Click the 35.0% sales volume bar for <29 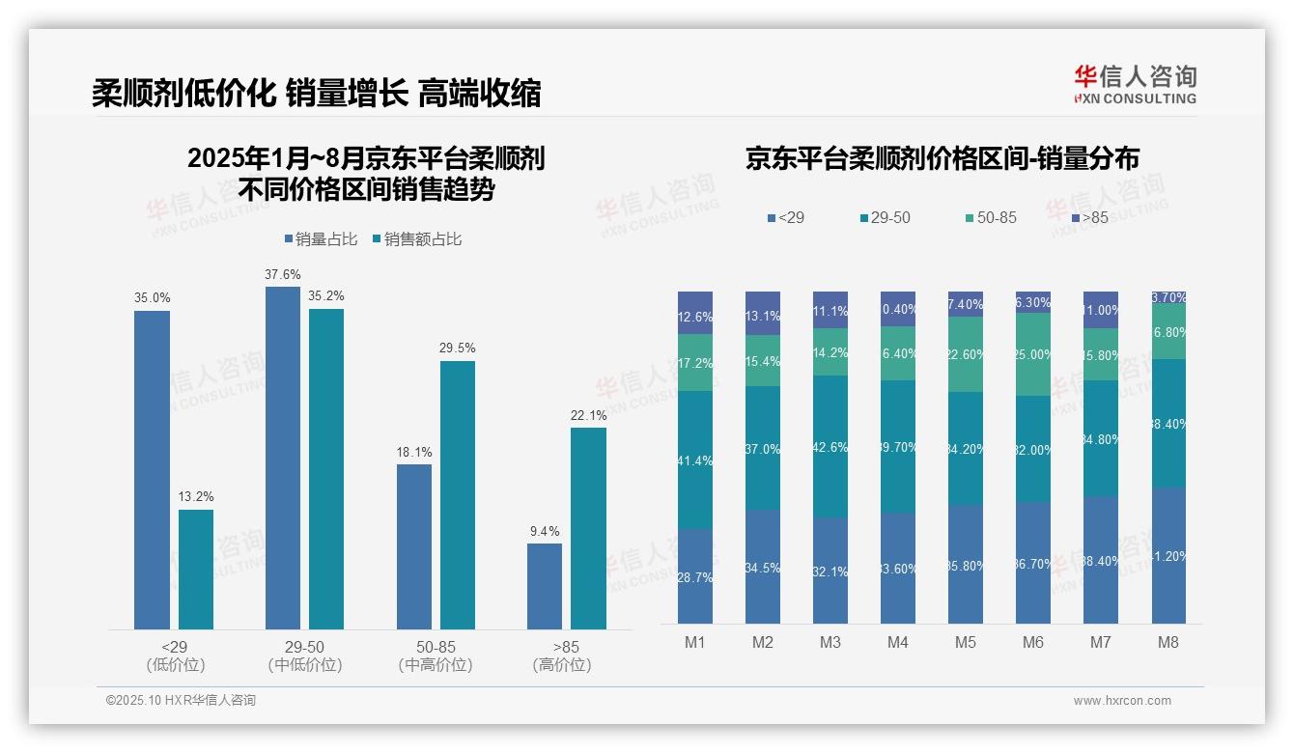[152, 470]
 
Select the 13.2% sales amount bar [196, 570]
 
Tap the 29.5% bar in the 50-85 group [458, 495]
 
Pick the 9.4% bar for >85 [545, 586]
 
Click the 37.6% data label [282, 275]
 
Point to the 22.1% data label [589, 416]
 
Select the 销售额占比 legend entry [416, 239]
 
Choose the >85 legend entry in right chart [1088, 218]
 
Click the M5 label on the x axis [966, 642]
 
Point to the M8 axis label [1167, 642]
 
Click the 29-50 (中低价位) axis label [305, 655]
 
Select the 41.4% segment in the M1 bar [695, 460]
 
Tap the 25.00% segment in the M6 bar [1033, 354]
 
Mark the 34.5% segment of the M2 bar [763, 567]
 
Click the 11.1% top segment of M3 [830, 310]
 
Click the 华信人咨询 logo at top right [1135, 84]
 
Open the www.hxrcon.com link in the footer [1122, 701]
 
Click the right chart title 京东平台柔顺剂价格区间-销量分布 [942, 159]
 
